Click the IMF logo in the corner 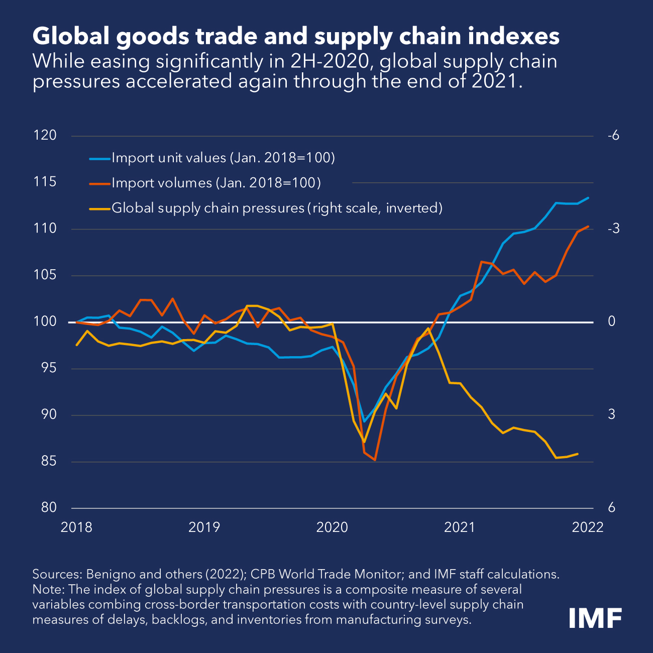(x=595, y=617)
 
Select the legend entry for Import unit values (x=223, y=158)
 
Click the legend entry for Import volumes (x=215, y=183)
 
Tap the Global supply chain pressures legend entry (x=276, y=208)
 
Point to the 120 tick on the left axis (x=45, y=135)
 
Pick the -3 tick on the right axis (x=613, y=229)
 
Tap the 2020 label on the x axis (x=332, y=527)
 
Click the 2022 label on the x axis (x=588, y=527)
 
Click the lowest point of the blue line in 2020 (x=365, y=421)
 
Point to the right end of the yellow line (x=578, y=454)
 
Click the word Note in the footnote (x=47, y=589)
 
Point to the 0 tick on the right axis (x=611, y=321)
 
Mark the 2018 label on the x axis (x=76, y=527)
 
